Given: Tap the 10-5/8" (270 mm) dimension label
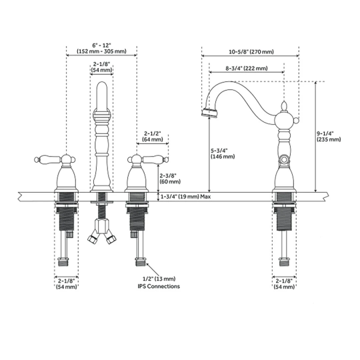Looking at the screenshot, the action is [x=251, y=51].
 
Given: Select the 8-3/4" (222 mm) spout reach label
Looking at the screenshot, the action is [x=247, y=68].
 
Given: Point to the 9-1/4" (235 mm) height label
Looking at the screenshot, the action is [x=329, y=137].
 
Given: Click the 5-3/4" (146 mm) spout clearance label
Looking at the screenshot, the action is [x=223, y=153].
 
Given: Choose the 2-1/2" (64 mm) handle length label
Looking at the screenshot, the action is [x=153, y=137].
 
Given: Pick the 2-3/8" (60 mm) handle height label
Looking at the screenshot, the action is [x=170, y=179].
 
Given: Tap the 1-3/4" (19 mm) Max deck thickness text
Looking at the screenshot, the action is [x=185, y=197].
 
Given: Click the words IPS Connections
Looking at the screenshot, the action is [x=159, y=286].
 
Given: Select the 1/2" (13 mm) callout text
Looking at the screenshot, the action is [x=159, y=279].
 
